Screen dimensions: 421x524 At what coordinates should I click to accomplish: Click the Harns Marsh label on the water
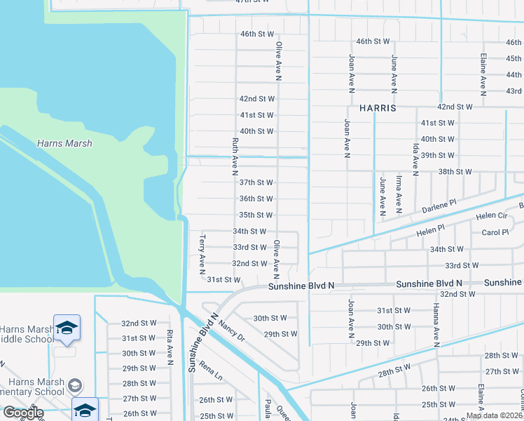click(65, 143)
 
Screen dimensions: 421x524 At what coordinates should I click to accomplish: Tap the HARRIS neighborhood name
click(378, 109)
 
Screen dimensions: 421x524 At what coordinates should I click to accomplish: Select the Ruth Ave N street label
click(235, 155)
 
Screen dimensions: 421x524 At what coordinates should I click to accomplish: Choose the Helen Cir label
click(492, 216)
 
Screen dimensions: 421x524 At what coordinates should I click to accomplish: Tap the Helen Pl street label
click(431, 229)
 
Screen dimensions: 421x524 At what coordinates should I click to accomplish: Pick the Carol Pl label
click(495, 232)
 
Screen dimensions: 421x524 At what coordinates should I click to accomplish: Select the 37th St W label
click(256, 182)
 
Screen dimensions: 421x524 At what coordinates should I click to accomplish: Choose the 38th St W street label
click(455, 171)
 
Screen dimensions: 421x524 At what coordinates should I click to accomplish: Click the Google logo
click(23, 413)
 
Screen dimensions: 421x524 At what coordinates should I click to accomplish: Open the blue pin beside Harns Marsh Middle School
click(67, 328)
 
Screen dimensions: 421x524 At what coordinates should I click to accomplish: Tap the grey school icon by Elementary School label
click(74, 386)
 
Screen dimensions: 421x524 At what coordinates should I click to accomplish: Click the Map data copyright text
click(494, 415)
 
